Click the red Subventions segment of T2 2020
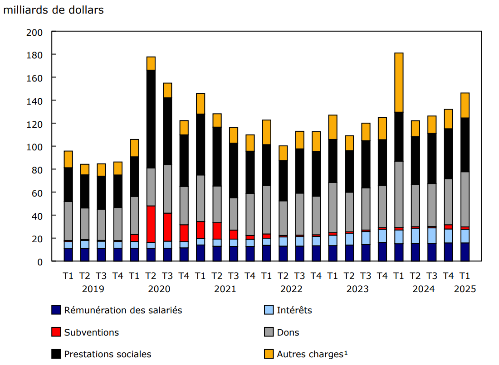click(151, 224)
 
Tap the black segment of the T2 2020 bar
click(151, 119)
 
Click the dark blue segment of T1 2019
click(68, 255)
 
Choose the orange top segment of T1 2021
click(200, 103)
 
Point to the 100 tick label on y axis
click(41, 147)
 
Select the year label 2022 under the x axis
click(291, 289)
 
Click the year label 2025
click(465, 289)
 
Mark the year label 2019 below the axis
click(93, 289)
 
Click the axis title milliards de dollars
click(53, 10)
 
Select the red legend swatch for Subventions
click(56, 332)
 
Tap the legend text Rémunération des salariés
click(123, 310)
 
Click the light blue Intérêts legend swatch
click(269, 310)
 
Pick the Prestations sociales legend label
click(108, 354)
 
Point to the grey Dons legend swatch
click(269, 332)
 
